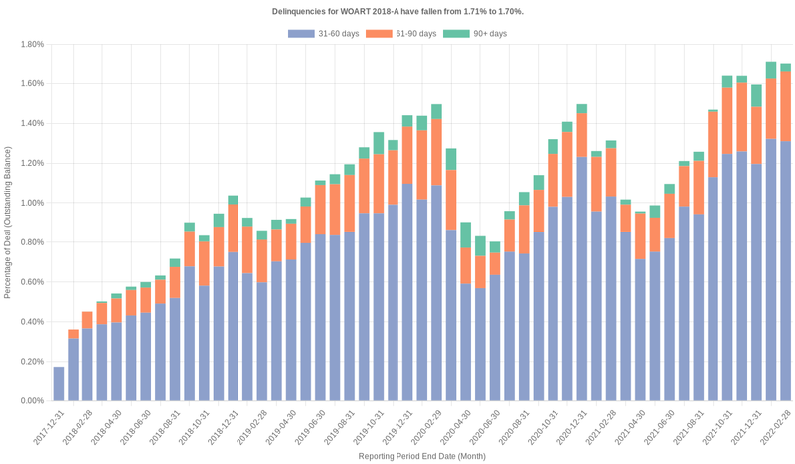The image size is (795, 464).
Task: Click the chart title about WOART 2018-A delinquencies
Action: (397, 11)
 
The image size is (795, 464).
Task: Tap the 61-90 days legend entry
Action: (400, 34)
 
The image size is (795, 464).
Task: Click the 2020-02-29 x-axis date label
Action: (426, 426)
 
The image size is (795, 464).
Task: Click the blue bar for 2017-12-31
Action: (59, 385)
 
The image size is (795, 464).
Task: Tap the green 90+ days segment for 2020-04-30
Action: (466, 235)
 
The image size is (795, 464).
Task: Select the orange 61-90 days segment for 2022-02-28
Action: (785, 106)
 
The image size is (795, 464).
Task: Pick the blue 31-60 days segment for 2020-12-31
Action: (582, 279)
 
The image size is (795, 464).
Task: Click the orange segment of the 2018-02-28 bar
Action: (87, 320)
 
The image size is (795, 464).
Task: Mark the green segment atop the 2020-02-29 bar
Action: (436, 111)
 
